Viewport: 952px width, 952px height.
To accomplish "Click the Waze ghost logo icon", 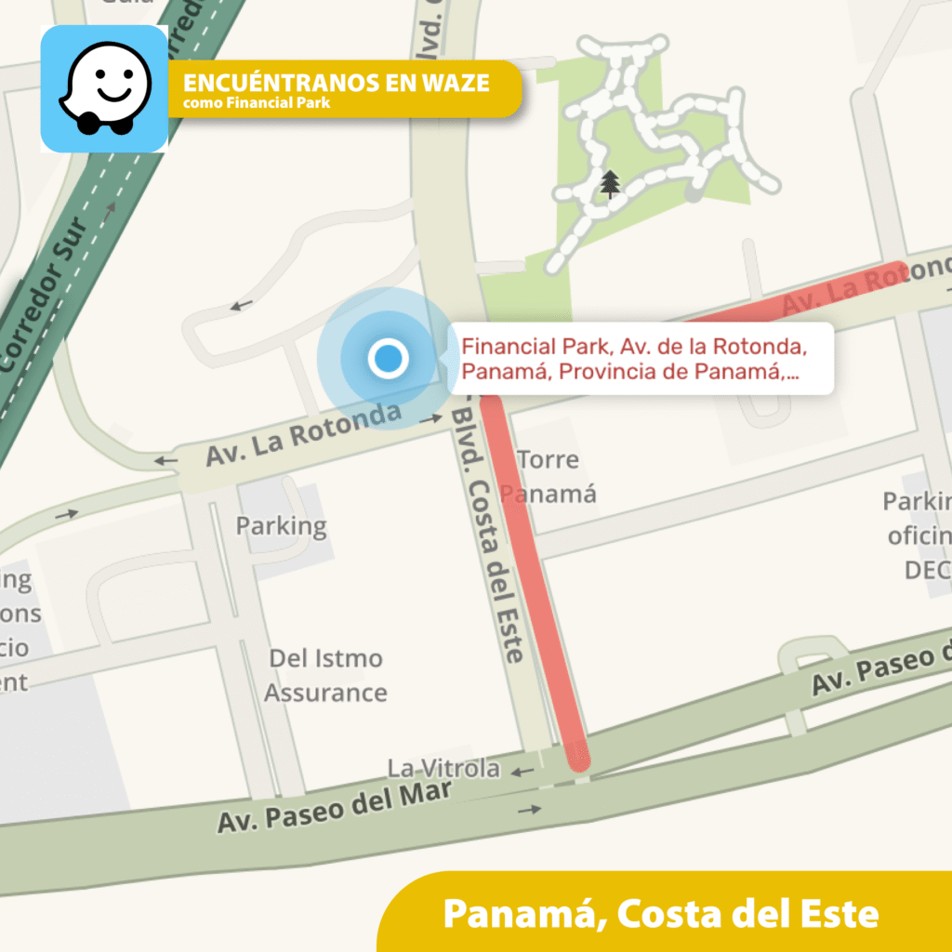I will click(104, 88).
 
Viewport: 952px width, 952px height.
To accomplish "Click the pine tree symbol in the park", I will click(610, 184).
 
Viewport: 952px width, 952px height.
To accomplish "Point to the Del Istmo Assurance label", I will click(325, 676).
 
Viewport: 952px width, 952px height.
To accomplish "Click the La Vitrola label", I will click(443, 769).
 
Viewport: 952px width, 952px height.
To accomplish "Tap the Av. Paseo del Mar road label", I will click(335, 806).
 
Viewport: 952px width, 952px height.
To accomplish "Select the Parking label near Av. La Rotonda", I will click(281, 526).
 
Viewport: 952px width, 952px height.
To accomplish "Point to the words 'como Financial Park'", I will click(256, 103).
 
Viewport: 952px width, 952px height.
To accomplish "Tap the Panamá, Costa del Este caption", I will click(660, 913).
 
